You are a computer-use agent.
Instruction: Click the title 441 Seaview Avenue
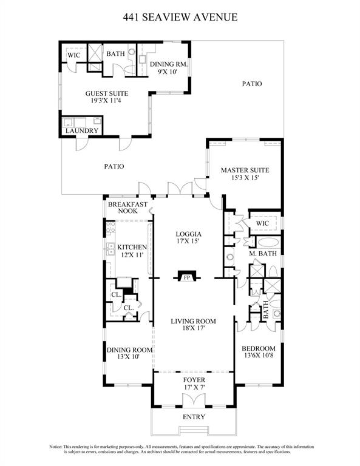click(x=180, y=17)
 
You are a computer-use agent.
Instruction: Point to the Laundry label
click(x=82, y=130)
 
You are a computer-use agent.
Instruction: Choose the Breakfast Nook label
click(x=127, y=208)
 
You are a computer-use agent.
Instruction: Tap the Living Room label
click(x=193, y=325)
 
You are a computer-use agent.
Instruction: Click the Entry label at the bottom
click(x=193, y=417)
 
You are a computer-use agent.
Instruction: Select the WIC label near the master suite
click(x=262, y=223)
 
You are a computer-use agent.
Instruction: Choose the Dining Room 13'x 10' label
click(x=129, y=354)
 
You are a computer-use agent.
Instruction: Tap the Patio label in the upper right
click(x=251, y=84)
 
